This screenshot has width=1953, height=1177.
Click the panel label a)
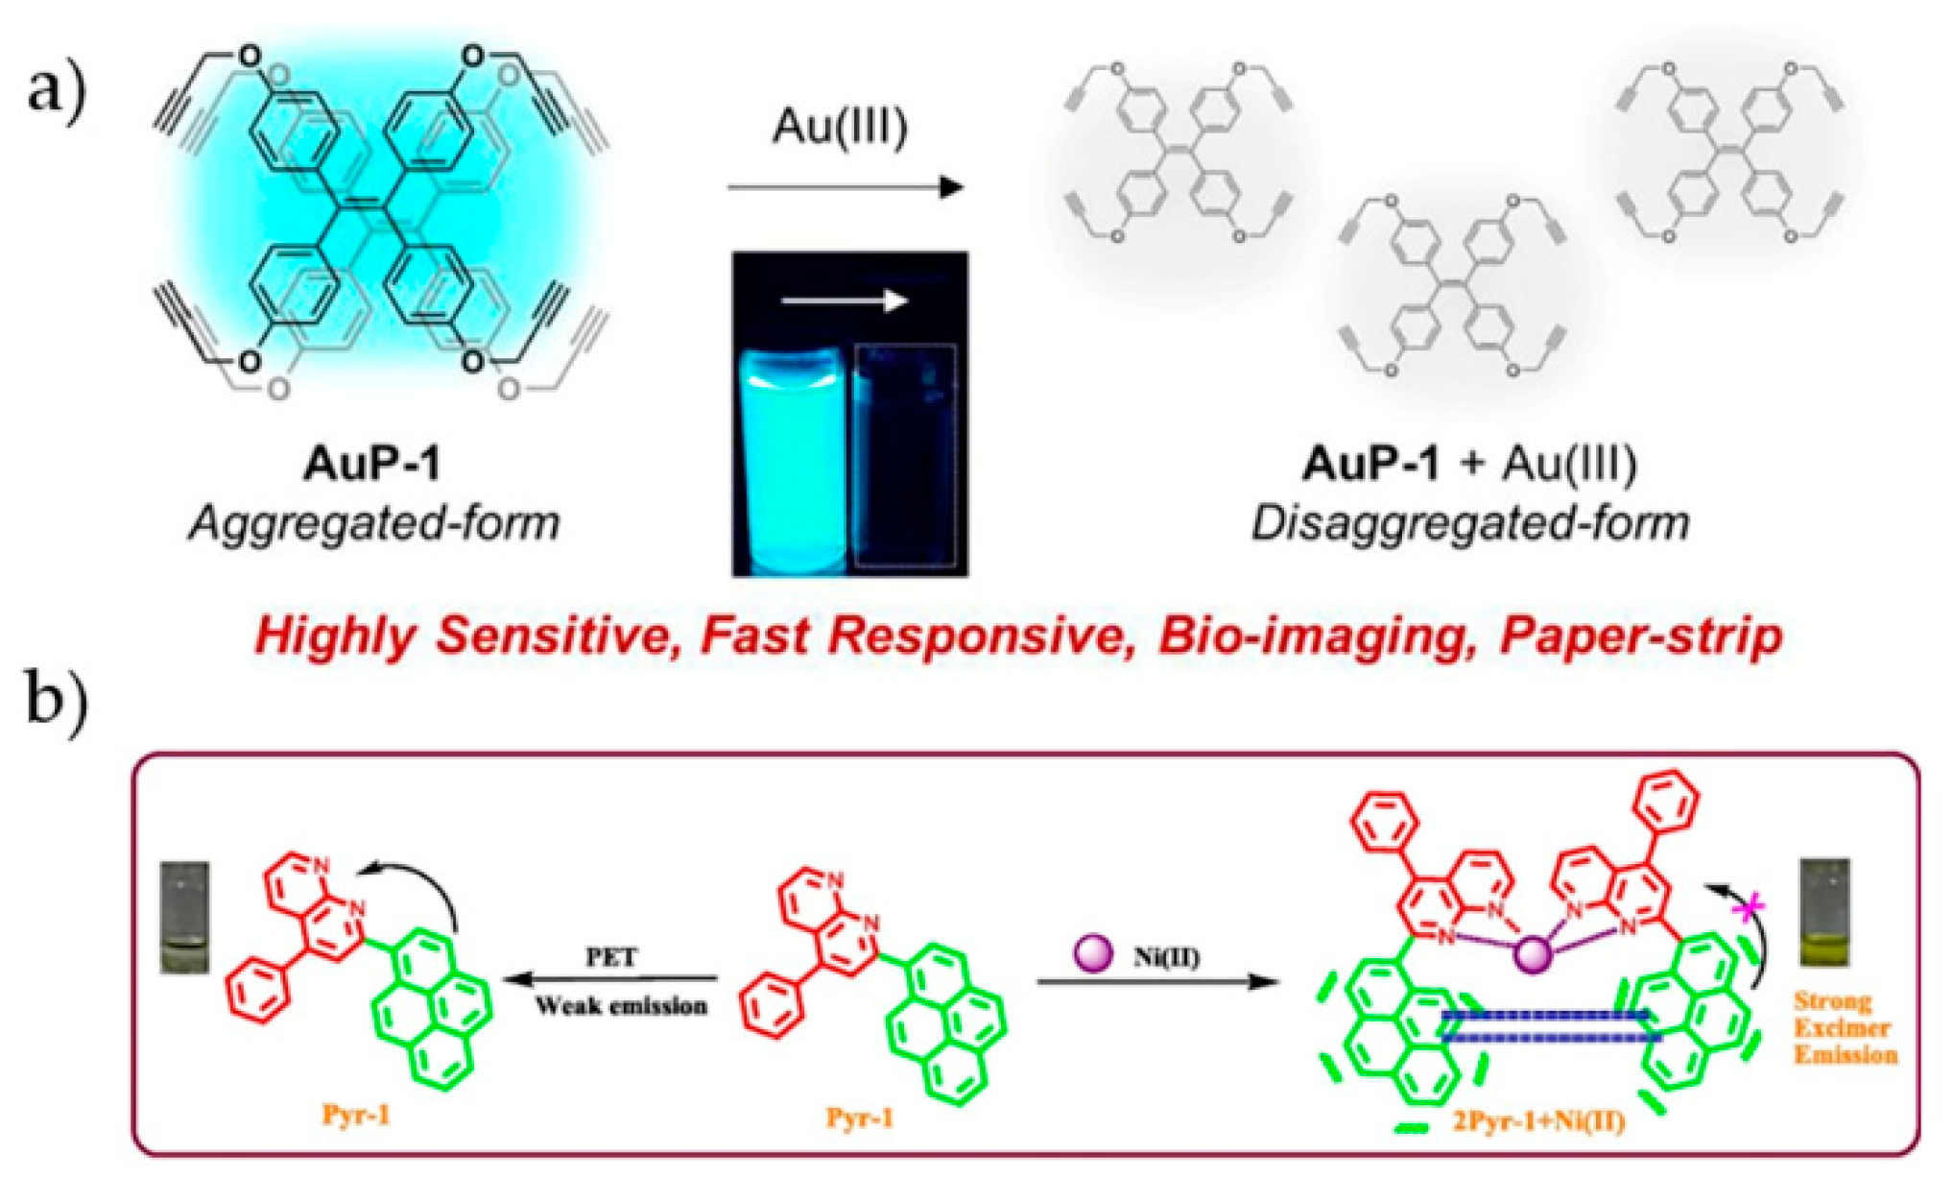coord(57,91)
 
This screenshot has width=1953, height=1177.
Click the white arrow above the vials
coord(844,301)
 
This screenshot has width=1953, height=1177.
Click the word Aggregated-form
coord(374,523)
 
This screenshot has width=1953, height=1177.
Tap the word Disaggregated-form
coord(1469,523)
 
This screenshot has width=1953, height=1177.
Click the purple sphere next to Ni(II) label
coord(1093,953)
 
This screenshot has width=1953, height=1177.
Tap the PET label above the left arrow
coord(611,957)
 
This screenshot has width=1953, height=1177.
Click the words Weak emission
coord(621,1005)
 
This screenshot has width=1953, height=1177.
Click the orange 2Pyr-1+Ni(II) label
coord(1538,1120)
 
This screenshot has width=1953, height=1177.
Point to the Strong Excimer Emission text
coord(1845,1027)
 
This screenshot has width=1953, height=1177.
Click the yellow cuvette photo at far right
coord(1824,913)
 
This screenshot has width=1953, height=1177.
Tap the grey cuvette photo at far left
coord(184,917)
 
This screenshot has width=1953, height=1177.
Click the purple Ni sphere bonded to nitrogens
coord(1532,954)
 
